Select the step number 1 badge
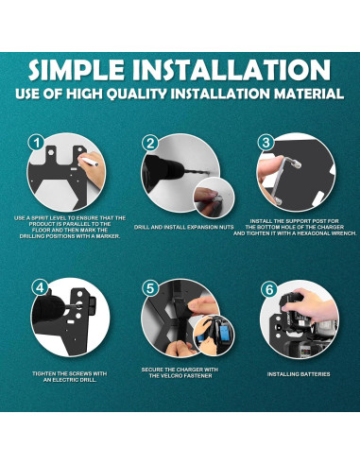(36, 143)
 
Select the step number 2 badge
(149, 143)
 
